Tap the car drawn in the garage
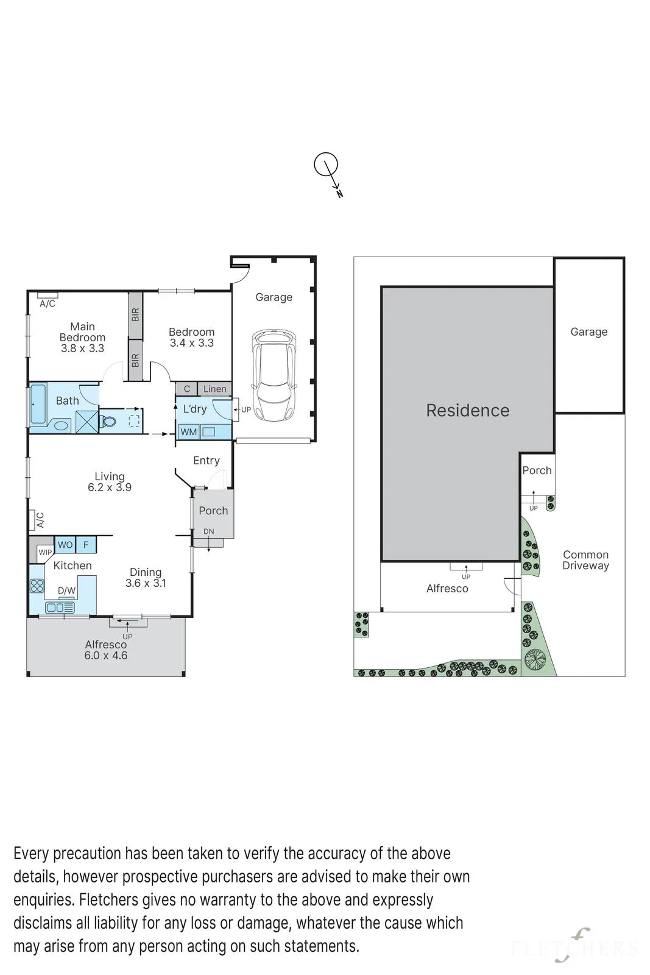click(x=274, y=375)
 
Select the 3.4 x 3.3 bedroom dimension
click(x=191, y=343)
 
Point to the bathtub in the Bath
click(x=38, y=404)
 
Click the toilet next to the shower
click(x=107, y=421)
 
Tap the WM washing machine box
click(x=188, y=432)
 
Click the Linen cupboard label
click(x=215, y=389)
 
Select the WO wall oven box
click(x=65, y=545)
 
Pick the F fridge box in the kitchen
click(x=86, y=545)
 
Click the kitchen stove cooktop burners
click(x=37, y=586)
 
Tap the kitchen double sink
click(x=60, y=608)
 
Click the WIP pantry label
click(x=45, y=552)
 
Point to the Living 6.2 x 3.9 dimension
click(x=110, y=487)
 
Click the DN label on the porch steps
click(x=209, y=531)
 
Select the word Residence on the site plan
click(x=468, y=411)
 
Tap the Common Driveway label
click(x=585, y=560)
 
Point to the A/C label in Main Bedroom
click(x=48, y=303)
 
